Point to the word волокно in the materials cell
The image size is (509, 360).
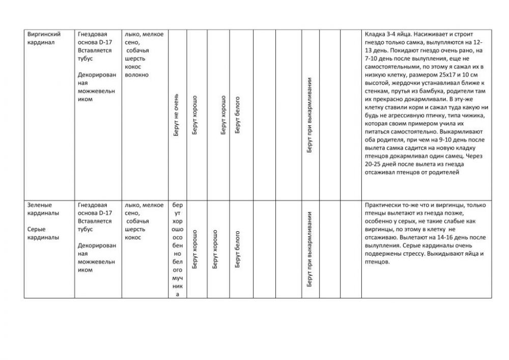[136, 75]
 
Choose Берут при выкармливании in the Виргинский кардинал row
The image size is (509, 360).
[310, 116]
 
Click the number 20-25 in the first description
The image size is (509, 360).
[376, 164]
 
